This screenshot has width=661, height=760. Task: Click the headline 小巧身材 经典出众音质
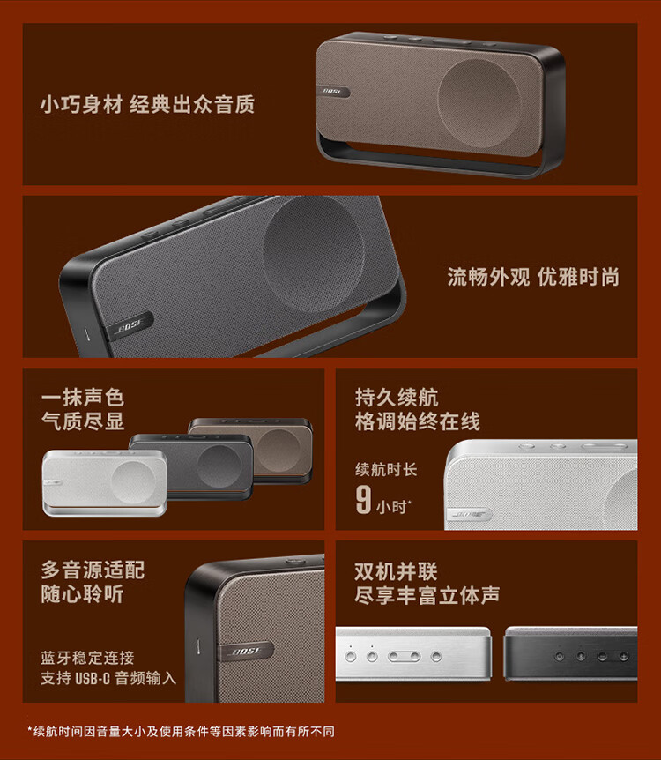pos(147,105)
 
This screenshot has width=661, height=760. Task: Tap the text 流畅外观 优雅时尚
pos(532,278)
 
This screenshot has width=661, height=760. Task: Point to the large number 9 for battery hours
pos(363,498)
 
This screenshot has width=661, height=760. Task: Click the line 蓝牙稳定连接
pos(87,658)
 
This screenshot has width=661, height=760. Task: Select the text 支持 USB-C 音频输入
pos(108,678)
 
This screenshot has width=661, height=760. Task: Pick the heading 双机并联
pos(396,570)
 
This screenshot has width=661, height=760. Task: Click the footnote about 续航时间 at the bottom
pos(181,731)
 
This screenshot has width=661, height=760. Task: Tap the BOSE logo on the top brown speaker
pos(332,91)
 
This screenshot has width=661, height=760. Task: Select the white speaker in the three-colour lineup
pos(104,481)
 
